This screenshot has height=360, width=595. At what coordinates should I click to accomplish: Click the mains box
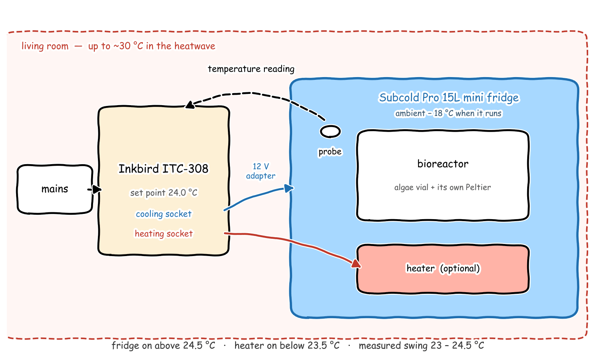(x=55, y=189)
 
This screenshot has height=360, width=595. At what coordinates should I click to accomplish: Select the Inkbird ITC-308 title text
(x=163, y=169)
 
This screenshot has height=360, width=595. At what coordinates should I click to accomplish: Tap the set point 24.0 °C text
(x=164, y=193)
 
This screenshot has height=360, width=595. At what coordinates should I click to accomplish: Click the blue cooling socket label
(x=164, y=214)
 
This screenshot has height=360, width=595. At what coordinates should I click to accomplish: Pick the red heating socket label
(x=164, y=234)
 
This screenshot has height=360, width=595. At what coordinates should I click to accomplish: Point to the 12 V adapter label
(x=260, y=171)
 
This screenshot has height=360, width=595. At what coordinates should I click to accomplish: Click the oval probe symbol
(x=330, y=132)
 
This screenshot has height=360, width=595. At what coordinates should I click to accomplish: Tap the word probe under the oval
(x=330, y=152)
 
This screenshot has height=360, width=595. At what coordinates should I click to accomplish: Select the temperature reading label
(x=251, y=69)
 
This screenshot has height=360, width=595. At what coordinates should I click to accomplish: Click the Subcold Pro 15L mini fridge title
(x=449, y=98)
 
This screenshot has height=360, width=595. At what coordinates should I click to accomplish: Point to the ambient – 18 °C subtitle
(x=449, y=114)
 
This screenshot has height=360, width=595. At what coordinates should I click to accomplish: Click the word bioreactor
(x=443, y=164)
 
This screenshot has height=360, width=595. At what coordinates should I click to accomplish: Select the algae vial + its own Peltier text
(x=443, y=187)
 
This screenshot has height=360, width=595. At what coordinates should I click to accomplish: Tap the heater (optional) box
(x=443, y=269)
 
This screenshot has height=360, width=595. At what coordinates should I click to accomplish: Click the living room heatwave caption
(x=118, y=46)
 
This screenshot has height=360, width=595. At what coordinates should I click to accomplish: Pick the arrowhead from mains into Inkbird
(x=97, y=189)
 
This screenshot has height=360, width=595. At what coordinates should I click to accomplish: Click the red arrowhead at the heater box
(x=356, y=264)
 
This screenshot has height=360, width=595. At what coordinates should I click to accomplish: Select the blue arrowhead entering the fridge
(x=289, y=188)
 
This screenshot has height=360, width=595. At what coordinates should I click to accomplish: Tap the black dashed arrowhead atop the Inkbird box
(x=190, y=105)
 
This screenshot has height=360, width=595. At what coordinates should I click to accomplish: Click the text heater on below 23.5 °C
(x=287, y=346)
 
